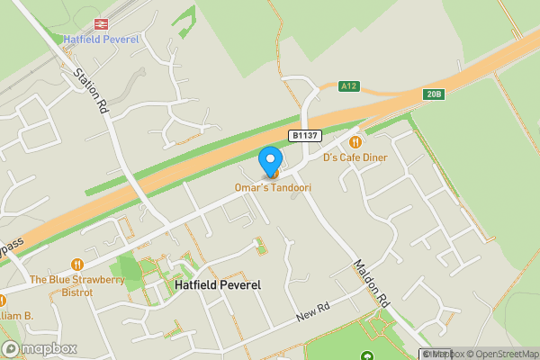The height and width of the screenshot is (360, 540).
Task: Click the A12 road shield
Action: pos(349,86)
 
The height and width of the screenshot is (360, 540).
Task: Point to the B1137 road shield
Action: pos(303,135)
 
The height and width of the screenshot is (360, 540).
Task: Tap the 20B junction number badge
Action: pos(435,94)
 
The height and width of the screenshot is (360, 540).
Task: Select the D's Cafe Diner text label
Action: pos(355,157)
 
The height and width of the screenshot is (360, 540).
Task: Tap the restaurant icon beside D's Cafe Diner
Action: pos(355,141)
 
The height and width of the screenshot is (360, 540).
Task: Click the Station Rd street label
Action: pos(92,88)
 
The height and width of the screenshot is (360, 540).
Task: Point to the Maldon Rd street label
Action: pos(370,281)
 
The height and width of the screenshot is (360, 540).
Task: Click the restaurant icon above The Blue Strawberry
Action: pos(77,265)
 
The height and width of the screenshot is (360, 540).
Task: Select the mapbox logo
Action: pos(40,349)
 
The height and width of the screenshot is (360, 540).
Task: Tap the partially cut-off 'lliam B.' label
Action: pos(16,316)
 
